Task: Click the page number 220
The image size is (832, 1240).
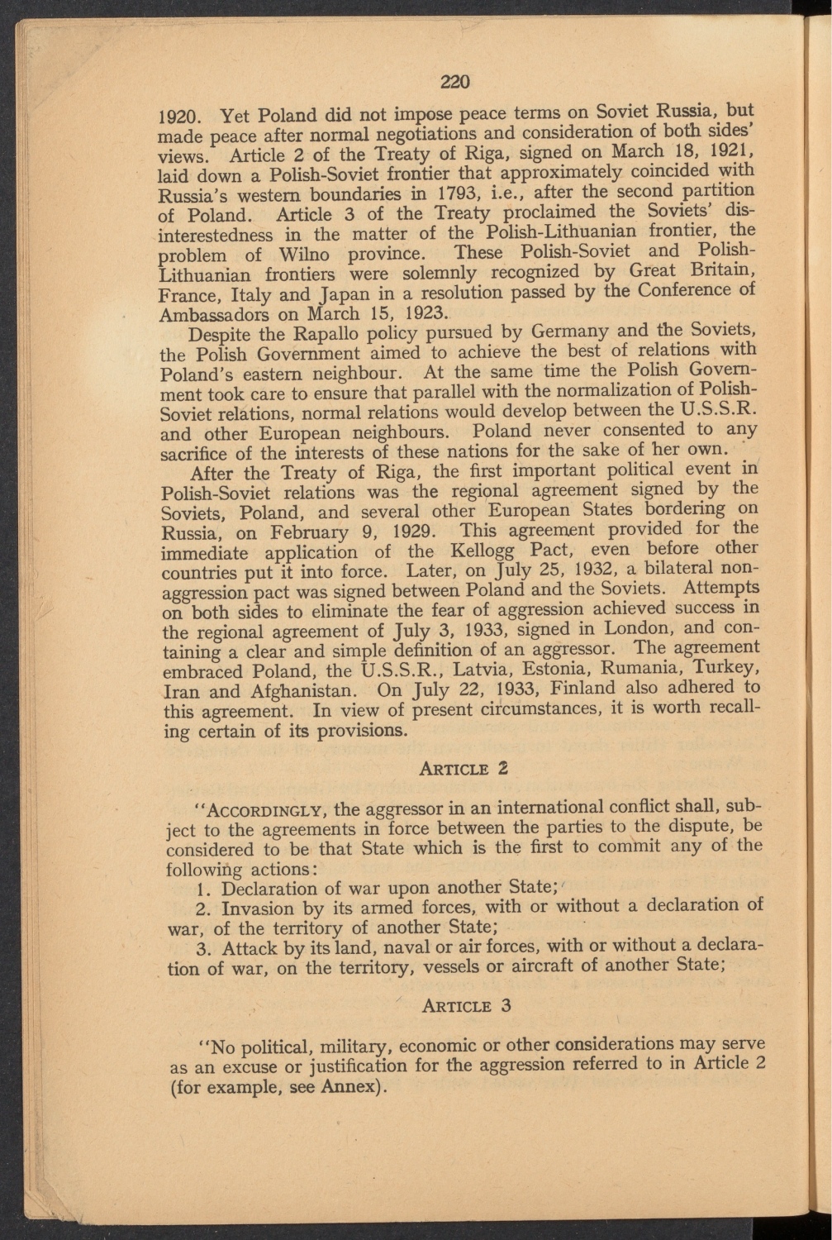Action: [454, 81]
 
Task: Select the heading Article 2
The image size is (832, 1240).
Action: [463, 767]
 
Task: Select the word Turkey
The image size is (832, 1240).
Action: [720, 668]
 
